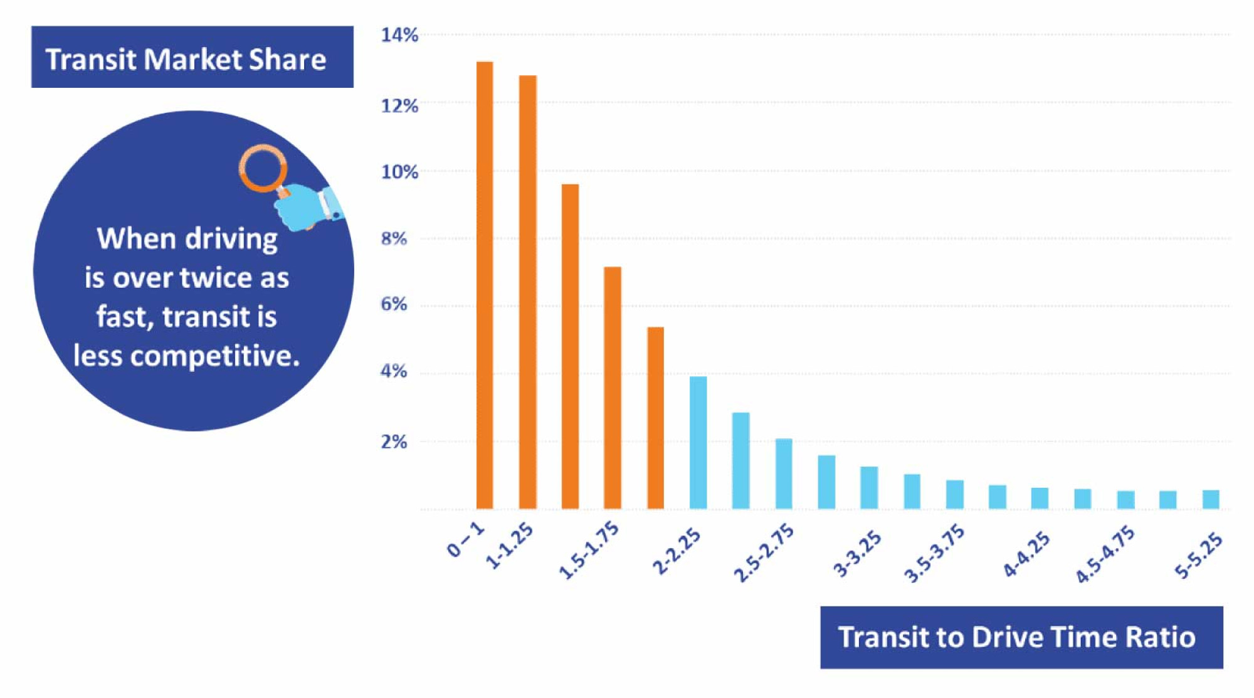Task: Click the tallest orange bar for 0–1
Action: coord(485,285)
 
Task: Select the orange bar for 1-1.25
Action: coord(527,292)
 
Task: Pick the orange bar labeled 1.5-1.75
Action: coord(613,388)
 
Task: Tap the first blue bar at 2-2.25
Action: coord(698,442)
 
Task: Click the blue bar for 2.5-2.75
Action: coord(784,473)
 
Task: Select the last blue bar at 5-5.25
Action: coord(1211,499)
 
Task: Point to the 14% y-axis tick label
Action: coord(399,35)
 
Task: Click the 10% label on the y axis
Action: coord(399,172)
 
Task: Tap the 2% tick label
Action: coord(394,442)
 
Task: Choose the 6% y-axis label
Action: coord(394,305)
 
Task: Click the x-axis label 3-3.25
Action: coord(856,553)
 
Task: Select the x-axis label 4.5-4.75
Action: coord(1105,554)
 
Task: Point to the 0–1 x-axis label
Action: coord(466,540)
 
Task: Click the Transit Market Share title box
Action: coord(192,58)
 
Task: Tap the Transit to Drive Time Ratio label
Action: coord(1021,637)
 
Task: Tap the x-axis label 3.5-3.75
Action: coord(934,554)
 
